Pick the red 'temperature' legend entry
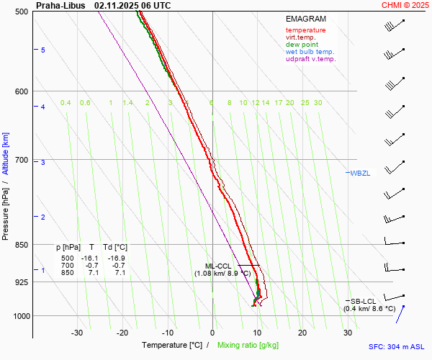tap(305, 30)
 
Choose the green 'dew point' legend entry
tap(302, 45)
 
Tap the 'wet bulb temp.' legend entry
tap(310, 52)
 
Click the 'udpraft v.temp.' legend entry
tap(310, 59)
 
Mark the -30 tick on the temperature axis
tap(77, 333)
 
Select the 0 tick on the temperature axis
tap(212, 333)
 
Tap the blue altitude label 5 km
tap(43, 50)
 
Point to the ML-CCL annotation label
tap(218, 266)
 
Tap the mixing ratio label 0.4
tap(66, 103)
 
